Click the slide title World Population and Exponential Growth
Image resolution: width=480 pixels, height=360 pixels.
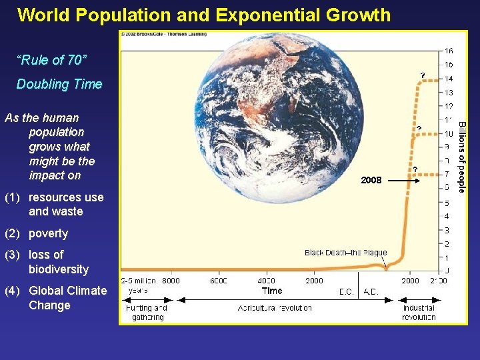(x=204, y=15)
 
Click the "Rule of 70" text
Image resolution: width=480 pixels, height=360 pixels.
(x=51, y=61)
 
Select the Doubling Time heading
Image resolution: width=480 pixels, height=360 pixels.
(x=59, y=84)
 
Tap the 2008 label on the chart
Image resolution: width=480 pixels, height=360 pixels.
(x=371, y=180)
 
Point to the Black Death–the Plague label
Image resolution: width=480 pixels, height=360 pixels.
(x=345, y=253)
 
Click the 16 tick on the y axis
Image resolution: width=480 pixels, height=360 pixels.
(x=449, y=51)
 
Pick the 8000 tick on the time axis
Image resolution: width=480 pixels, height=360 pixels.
(x=171, y=281)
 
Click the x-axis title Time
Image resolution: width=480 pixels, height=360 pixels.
(x=272, y=291)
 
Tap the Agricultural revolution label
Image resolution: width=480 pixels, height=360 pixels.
(x=275, y=308)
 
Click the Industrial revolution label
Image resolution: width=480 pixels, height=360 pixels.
(x=419, y=312)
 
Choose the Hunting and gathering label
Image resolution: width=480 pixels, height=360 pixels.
(x=147, y=312)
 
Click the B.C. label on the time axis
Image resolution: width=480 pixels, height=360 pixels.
(x=346, y=292)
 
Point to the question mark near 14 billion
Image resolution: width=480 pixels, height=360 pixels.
(x=422, y=75)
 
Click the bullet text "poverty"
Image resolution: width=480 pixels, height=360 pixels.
(x=48, y=233)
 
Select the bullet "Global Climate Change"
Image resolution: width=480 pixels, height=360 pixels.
(x=67, y=298)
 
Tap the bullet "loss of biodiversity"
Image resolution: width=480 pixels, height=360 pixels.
(x=58, y=262)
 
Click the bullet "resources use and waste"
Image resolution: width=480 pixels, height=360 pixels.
(x=65, y=204)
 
